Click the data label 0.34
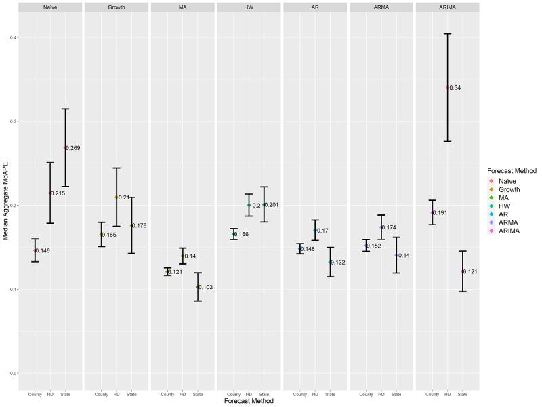455,88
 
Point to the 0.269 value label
73,147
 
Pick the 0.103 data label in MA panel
206,287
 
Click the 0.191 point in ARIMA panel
432,212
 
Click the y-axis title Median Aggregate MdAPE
5,203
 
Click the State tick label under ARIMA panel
463,394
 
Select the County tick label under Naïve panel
35,394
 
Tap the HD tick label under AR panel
315,394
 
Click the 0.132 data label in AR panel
338,262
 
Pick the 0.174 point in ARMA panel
381,227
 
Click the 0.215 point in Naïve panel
50,193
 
